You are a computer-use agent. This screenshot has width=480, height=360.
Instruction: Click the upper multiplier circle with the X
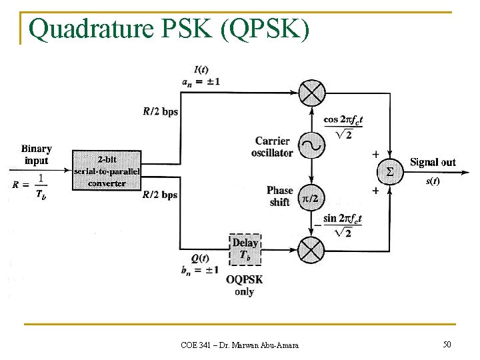[x=311, y=93]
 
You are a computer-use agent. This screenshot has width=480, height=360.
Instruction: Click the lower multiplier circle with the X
[x=311, y=251]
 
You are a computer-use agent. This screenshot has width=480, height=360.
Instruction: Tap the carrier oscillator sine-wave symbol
[x=311, y=144]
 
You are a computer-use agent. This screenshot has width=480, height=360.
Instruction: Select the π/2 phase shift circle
[x=311, y=198]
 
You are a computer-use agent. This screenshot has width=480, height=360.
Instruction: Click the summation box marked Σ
[x=390, y=172]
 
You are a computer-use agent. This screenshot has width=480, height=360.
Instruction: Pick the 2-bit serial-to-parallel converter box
[x=107, y=171]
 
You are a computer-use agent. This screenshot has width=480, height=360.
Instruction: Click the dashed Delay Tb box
[x=245, y=249]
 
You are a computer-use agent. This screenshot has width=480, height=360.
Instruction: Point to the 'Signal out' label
[x=433, y=162]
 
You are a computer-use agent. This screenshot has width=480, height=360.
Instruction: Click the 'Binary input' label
[x=36, y=155]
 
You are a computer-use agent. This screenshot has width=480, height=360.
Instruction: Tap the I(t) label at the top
[x=199, y=69]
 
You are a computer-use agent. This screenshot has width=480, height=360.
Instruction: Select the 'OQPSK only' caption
[x=245, y=285]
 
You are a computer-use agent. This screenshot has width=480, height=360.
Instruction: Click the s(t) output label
[x=433, y=181]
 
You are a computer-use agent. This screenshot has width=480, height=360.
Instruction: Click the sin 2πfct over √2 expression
[x=343, y=225]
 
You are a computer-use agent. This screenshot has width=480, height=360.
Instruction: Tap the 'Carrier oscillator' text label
[x=273, y=147]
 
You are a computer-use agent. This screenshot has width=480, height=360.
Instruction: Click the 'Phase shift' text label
[x=279, y=196]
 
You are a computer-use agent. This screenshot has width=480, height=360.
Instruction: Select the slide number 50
[x=446, y=344]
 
